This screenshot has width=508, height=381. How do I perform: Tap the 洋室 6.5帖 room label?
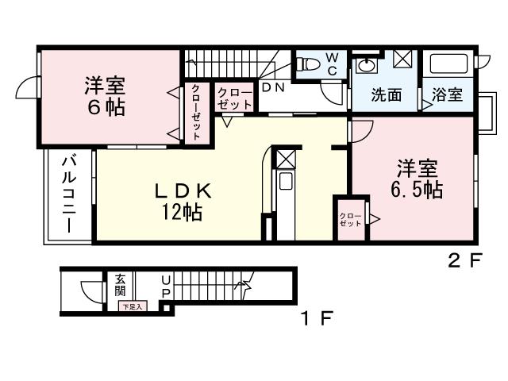[x=416, y=179]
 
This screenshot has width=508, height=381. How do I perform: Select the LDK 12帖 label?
[x=182, y=201]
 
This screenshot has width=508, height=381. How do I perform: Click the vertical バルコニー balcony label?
[x=69, y=194]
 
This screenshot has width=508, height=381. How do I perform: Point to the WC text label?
[x=333, y=63]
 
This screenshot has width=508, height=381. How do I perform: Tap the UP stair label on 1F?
[x=166, y=287]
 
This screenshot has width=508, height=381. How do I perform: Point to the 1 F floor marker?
[x=315, y=319]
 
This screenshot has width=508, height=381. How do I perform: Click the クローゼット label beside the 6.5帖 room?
[x=350, y=218]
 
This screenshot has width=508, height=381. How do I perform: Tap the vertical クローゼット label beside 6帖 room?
[x=196, y=113]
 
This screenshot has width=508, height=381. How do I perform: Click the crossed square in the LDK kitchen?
[x=285, y=157]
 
